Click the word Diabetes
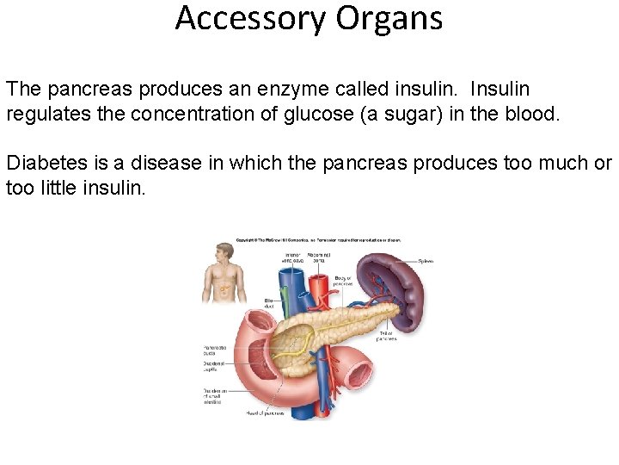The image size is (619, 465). [44, 163]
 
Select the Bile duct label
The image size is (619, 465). [269, 303]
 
